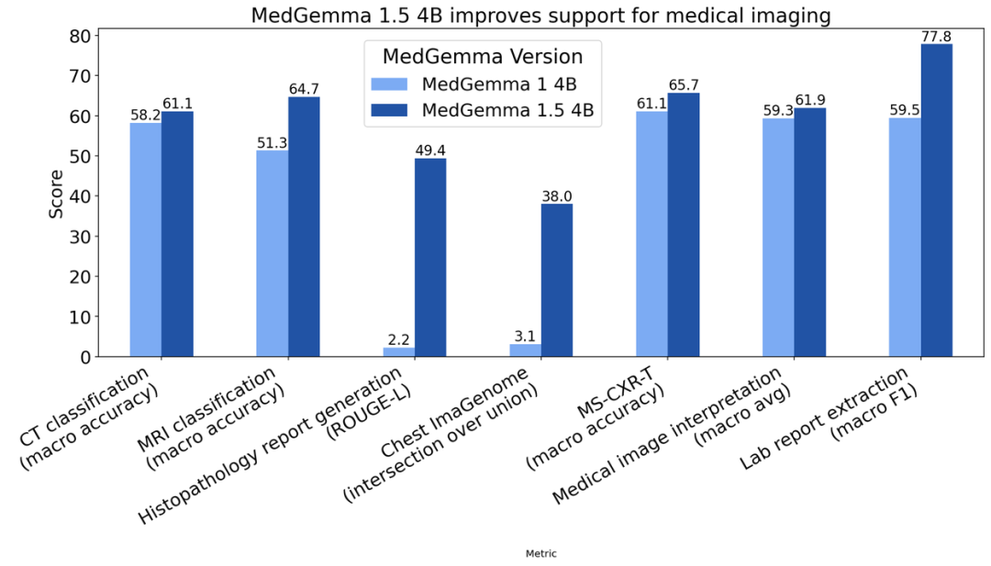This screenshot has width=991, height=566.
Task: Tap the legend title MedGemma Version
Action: click(483, 56)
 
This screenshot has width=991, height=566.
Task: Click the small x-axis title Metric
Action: click(540, 553)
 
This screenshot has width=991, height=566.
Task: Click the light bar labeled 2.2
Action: click(398, 351)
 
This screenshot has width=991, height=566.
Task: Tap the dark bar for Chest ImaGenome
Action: click(556, 280)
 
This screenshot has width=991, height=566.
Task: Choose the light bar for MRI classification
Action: click(272, 253)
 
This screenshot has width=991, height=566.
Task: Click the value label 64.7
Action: click(304, 88)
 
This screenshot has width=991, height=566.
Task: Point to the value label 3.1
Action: click(525, 337)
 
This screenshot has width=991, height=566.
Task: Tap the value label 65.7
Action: click(683, 84)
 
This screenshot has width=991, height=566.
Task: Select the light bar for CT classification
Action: click(145, 239)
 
